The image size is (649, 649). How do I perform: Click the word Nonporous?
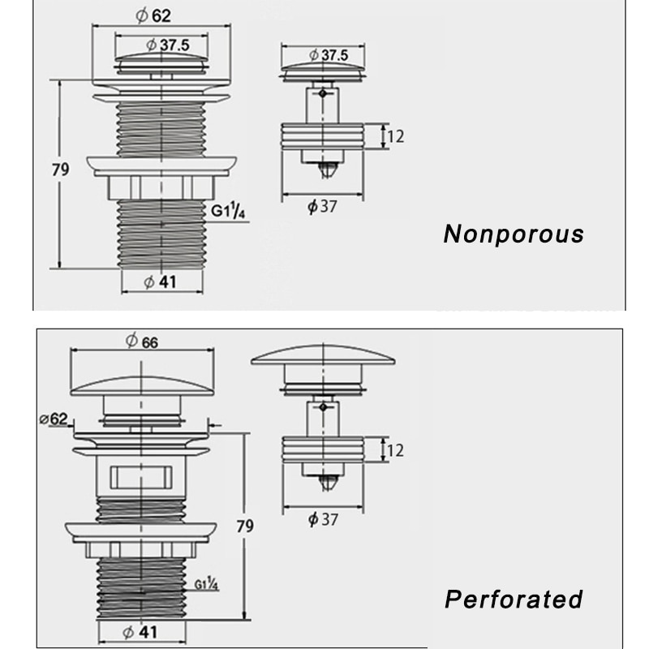coord(514,234)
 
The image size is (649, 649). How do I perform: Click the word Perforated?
coord(514,599)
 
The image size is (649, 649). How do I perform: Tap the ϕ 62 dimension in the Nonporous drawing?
coord(153,15)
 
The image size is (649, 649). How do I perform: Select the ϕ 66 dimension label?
coord(141,341)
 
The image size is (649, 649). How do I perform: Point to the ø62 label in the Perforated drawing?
coord(54,419)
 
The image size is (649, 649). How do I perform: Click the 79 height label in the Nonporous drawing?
coord(60,170)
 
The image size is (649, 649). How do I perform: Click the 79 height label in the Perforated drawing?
coord(245,526)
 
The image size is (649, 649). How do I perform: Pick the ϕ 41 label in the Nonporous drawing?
coord(160,282)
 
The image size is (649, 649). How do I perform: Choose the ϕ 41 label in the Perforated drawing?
coord(140,632)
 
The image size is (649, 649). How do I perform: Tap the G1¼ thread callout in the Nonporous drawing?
coord(228,210)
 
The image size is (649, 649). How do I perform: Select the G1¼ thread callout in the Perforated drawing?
coord(206,583)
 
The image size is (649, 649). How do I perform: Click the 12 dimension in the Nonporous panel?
coord(395,136)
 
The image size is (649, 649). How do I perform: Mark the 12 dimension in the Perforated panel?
coord(395,450)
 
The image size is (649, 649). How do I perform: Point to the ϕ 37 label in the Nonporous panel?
coord(322,206)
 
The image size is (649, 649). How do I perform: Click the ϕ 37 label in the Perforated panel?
coord(323,519)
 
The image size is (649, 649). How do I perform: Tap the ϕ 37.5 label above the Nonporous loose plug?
coord(329,54)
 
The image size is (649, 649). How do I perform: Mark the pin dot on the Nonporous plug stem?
coord(323,93)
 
